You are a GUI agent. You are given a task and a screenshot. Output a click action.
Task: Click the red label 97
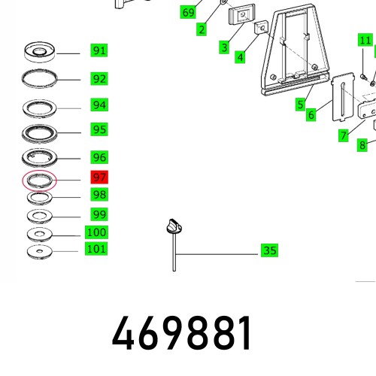click(x=99, y=177)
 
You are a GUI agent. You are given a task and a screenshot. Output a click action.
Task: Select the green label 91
click(x=99, y=50)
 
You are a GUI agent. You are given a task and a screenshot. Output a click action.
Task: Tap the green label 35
click(x=269, y=250)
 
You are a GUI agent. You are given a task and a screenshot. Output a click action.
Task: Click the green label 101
click(x=96, y=249)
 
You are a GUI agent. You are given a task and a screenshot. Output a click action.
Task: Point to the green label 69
click(x=188, y=12)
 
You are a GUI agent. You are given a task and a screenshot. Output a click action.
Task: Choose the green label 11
click(x=365, y=40)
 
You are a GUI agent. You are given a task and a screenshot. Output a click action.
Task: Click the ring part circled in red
click(x=40, y=181)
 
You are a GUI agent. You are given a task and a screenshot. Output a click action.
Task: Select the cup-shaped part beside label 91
click(x=40, y=52)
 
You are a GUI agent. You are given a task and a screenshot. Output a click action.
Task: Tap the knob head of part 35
click(x=174, y=226)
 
